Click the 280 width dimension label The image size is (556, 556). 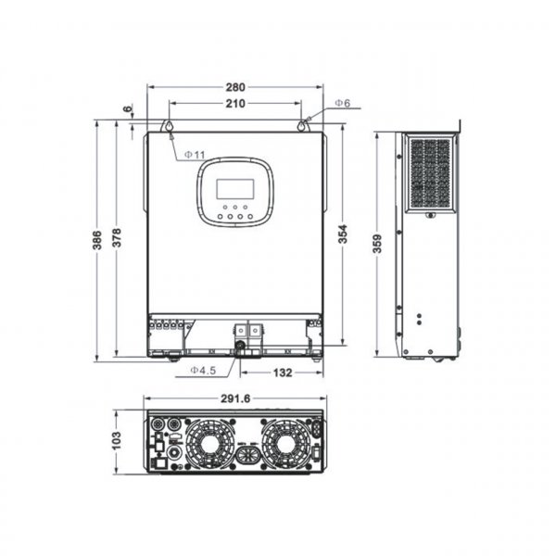coord(235,88)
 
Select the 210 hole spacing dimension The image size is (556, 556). coord(235,105)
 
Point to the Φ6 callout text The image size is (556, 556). coord(342,103)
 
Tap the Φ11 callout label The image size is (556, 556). coord(195,154)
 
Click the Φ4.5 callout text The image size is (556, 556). coord(203,371)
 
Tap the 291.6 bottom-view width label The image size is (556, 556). coord(235,400)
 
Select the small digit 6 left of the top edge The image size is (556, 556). coord(127,109)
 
